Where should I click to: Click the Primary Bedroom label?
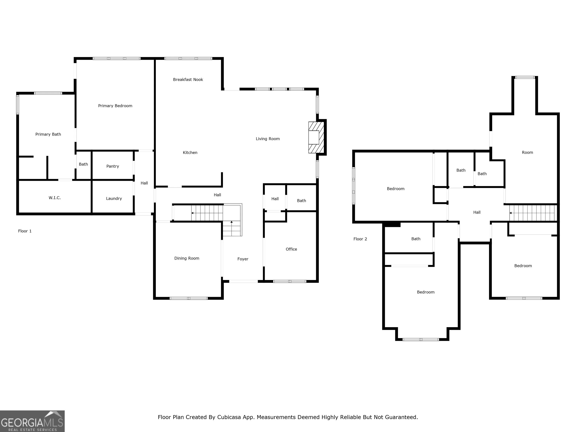point(115,106)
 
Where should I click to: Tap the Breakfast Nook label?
point(188,79)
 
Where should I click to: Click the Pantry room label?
point(112,166)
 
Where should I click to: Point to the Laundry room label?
point(114,198)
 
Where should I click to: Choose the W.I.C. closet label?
point(55,198)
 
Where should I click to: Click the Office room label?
point(291,249)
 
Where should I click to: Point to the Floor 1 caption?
point(25,231)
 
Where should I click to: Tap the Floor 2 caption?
point(360,239)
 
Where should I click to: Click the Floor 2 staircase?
point(533,213)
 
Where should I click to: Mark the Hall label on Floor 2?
point(477,212)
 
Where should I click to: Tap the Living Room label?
point(268,139)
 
